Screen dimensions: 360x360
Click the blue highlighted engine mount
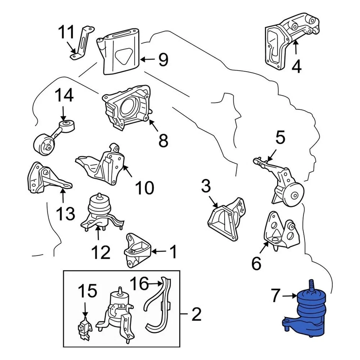(x=307, y=313)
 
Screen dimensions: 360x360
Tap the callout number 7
(x=276, y=296)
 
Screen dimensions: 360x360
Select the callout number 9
(x=163, y=60)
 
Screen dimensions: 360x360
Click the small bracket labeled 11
(x=81, y=43)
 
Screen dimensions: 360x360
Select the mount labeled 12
(x=99, y=214)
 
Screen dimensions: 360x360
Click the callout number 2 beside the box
(x=196, y=314)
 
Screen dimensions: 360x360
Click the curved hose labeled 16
(x=154, y=307)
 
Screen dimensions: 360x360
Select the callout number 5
(x=280, y=138)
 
